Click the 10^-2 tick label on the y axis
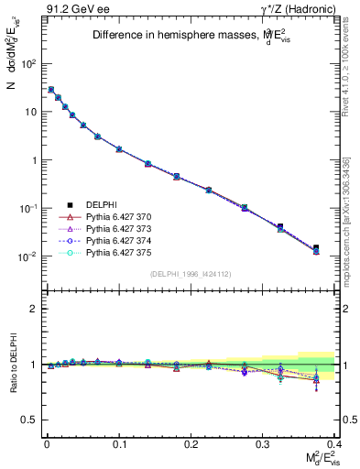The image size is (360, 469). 27,256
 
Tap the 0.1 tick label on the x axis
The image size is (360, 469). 119,443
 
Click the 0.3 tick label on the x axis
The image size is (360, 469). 263,443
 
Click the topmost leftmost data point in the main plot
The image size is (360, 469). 51,90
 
